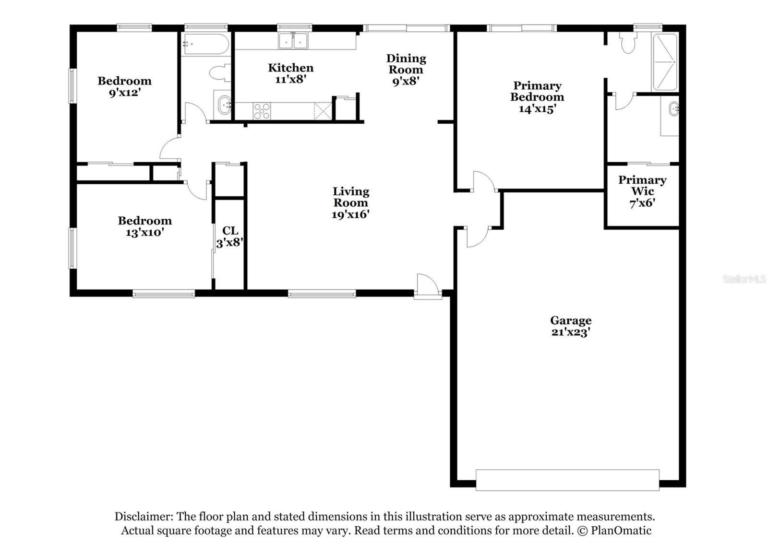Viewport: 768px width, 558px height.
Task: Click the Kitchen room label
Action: pos(291,68)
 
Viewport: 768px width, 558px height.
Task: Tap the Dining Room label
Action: pos(406,64)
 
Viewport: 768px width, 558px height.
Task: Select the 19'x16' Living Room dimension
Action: pos(350,214)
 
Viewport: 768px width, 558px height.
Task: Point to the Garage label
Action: pos(570,321)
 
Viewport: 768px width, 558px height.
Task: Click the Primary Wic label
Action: pos(642,186)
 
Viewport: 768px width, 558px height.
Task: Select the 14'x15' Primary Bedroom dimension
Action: pos(537,109)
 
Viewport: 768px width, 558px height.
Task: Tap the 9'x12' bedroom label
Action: pos(124,86)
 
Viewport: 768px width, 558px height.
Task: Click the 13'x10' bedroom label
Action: pos(144,226)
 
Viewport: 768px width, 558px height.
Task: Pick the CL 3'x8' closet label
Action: pos(230,237)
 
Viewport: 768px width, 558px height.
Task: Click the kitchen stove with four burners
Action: pos(262,111)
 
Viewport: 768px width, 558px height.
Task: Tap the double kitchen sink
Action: pos(293,41)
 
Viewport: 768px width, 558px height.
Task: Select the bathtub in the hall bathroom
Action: pos(206,44)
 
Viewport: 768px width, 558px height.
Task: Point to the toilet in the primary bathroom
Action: pos(628,43)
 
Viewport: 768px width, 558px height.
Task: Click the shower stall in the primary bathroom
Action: pos(664,61)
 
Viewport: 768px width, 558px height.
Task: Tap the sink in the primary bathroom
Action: pos(673,109)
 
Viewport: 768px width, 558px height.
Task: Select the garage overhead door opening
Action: pos(567,480)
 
